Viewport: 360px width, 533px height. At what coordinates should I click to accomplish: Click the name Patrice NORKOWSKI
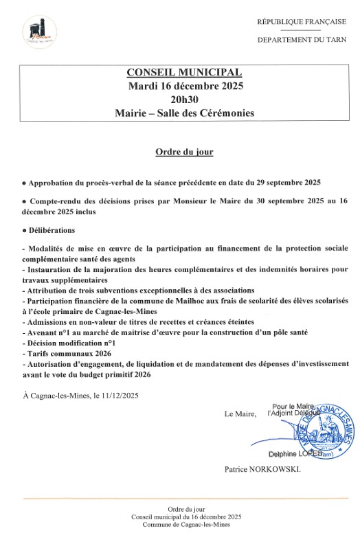point(262,472)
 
